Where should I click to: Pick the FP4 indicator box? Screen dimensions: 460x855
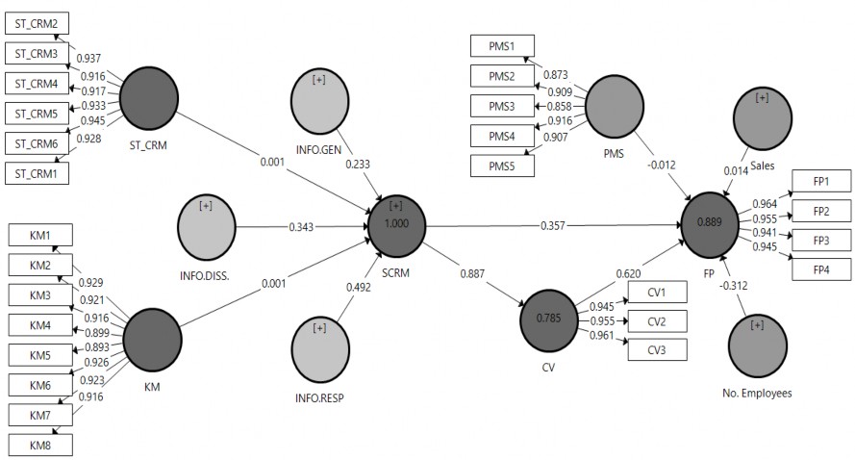pos(821,268)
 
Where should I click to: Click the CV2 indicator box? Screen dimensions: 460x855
pos(658,319)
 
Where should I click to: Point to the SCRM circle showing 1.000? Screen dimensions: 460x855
pos(396,226)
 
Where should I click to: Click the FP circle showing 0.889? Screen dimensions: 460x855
pos(713,224)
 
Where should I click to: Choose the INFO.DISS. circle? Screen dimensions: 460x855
pos(207,227)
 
